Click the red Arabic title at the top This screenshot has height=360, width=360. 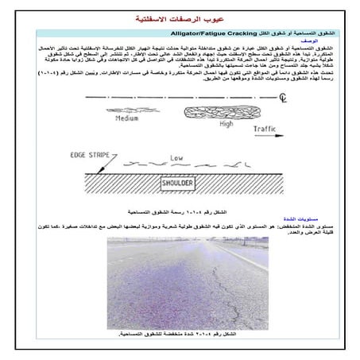(180, 18)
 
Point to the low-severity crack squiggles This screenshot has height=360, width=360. (183, 166)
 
